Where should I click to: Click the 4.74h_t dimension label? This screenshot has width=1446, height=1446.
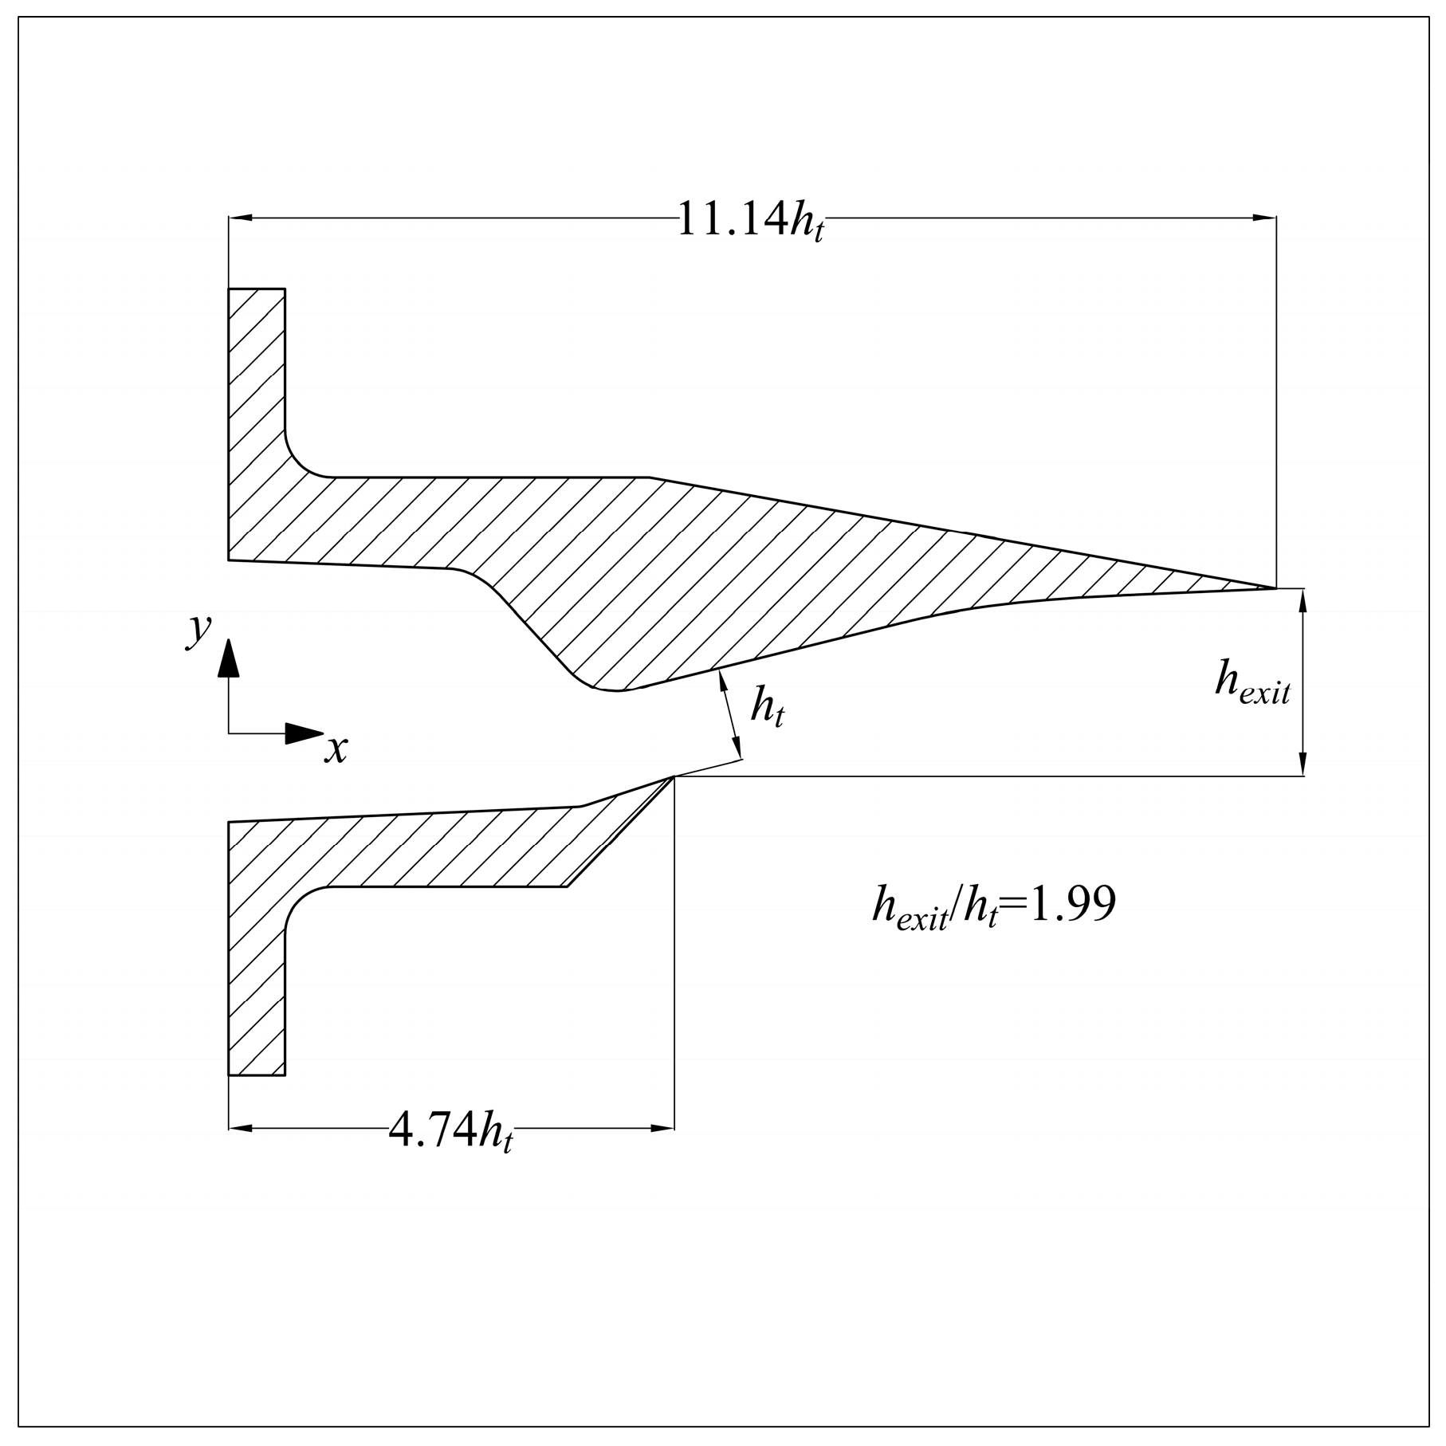(x=450, y=1130)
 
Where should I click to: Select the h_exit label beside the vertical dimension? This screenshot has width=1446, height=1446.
(x=1251, y=684)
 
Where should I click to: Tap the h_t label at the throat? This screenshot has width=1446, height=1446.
(x=767, y=708)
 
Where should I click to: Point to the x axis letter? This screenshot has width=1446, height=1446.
(x=336, y=750)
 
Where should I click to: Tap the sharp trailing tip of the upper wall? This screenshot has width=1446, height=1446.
(x=1273, y=588)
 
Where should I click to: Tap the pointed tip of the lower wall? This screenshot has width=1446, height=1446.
(x=673, y=777)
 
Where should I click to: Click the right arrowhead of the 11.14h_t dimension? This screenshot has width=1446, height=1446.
(x=1264, y=217)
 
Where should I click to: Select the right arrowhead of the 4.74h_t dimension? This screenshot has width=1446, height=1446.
(x=662, y=1128)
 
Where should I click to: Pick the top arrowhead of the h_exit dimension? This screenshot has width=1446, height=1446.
(x=1303, y=600)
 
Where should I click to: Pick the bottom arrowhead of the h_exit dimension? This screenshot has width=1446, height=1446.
(x=1303, y=764)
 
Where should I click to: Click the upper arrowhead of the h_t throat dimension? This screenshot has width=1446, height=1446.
(x=722, y=679)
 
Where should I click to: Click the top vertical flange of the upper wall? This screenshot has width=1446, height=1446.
(x=256, y=359)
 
